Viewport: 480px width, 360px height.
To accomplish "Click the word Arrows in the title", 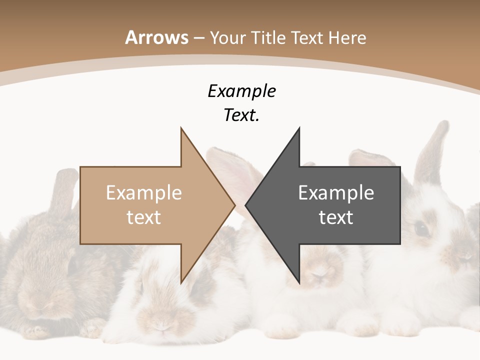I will (x=157, y=37).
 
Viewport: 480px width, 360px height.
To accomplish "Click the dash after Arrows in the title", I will (x=199, y=38).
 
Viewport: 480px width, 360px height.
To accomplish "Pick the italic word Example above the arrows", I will (x=241, y=91).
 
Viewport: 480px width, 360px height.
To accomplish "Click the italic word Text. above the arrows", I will (x=241, y=115).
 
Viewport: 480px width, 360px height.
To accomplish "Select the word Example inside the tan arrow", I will (x=144, y=192).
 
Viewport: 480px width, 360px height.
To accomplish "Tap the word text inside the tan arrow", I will (x=144, y=217).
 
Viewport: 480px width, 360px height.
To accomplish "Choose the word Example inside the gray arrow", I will (x=336, y=192).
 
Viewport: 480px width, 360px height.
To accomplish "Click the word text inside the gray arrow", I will (x=336, y=217).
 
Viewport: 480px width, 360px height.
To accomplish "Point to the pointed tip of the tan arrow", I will (x=235, y=204).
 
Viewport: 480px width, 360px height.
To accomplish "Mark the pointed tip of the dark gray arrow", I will (x=245, y=204).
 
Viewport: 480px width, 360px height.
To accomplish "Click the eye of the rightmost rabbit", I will (x=421, y=229).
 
